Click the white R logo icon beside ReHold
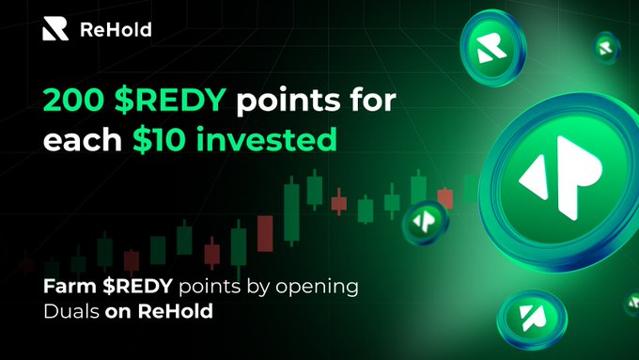pos(55,29)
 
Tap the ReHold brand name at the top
pos(116,30)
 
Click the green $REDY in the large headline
pos(170,100)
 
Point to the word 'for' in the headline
pos(375,99)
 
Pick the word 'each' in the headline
pos(83,139)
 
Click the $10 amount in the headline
pos(160,139)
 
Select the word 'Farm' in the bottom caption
pos(70,286)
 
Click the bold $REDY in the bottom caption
pos(138,286)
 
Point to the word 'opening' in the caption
pos(317,289)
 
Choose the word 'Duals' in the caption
pos(71,311)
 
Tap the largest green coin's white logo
pos(561,178)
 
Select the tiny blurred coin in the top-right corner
pos(607,48)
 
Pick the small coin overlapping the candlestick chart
pos(425,222)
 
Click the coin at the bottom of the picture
pos(532,320)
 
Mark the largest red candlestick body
pos(265,234)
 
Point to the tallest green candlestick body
pos(291,212)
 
